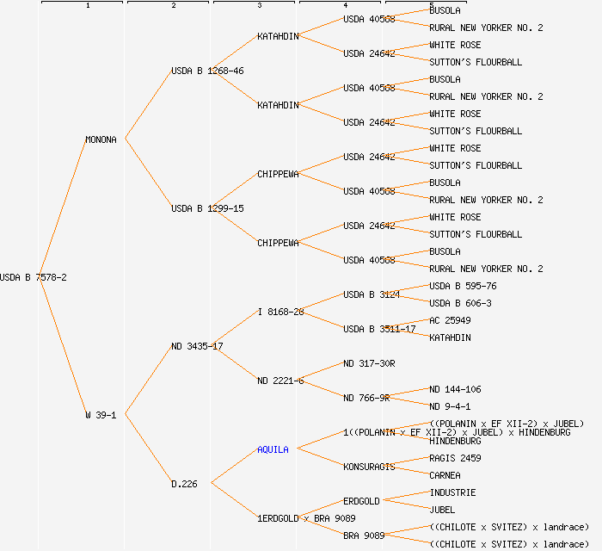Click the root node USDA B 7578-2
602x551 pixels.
pyautogui.click(x=34, y=277)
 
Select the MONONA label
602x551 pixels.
pyautogui.click(x=101, y=139)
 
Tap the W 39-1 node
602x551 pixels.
pyautogui.click(x=101, y=415)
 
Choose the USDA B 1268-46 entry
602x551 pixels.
pyautogui.click(x=207, y=71)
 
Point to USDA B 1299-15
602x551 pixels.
pyautogui.click(x=207, y=208)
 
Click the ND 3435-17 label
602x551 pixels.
pyautogui.click(x=197, y=346)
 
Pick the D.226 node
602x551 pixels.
pyautogui.click(x=184, y=484)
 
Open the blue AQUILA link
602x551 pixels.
pyautogui.click(x=273, y=449)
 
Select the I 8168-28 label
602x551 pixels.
pyautogui.click(x=280, y=312)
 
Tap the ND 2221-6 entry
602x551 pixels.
pyautogui.click(x=280, y=381)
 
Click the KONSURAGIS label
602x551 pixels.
pyautogui.click(x=369, y=467)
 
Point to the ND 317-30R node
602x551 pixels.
pyautogui.click(x=369, y=363)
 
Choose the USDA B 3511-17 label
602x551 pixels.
pyautogui.click(x=379, y=329)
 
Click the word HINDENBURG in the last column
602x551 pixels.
pyautogui.click(x=455, y=441)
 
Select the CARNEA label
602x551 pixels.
pyautogui.click(x=445, y=475)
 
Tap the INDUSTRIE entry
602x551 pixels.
pyautogui.click(x=452, y=492)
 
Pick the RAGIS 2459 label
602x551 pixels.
pyautogui.click(x=455, y=458)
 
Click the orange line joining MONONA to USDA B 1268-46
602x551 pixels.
pyautogui.click(x=148, y=105)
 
